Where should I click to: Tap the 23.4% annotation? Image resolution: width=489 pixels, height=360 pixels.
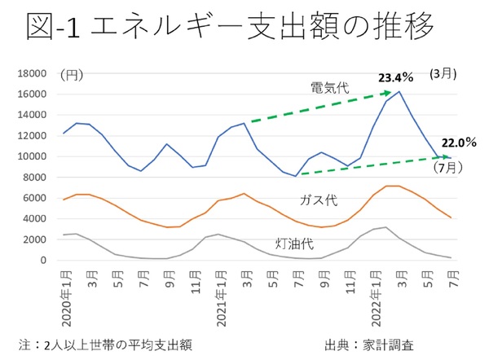coord(395,78)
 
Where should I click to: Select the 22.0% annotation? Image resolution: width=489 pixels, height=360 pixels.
coord(459,142)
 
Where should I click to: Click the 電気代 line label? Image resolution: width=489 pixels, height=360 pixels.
coord(327,86)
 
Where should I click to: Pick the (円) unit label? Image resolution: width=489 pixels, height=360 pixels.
coord(72,75)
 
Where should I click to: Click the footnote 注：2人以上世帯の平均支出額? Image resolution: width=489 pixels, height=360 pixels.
coord(105,343)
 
